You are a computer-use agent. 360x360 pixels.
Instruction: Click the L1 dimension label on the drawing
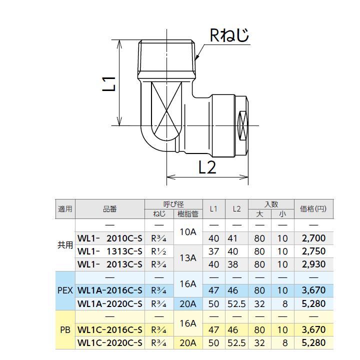coord(109,83)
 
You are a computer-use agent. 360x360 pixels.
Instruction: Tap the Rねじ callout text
coord(228,35)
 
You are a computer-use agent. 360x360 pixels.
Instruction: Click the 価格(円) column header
coord(313,209)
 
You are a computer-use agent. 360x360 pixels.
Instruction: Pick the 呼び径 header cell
coord(173,204)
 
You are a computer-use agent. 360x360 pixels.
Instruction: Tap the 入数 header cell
coord(271,204)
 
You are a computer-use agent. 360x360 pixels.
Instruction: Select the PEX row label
coord(65,290)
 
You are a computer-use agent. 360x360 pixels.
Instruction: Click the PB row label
coord(65,330)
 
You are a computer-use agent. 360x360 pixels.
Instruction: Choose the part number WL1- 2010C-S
coord(109,238)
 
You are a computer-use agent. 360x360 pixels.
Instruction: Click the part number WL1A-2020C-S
coord(109,303)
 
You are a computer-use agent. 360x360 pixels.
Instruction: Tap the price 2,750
coord(313,251)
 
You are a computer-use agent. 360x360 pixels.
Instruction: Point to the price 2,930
coord(313,264)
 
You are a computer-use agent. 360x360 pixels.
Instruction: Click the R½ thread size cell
coord(158,251)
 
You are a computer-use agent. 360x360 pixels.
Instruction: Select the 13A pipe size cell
coord(187,258)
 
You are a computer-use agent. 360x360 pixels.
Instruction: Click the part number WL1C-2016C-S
coord(109,330)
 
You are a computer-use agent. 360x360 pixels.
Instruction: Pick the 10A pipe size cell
coord(187,232)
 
